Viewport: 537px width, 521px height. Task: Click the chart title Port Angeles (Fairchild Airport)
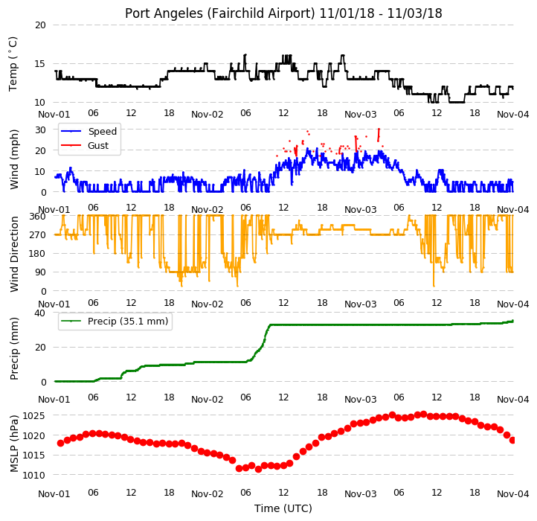(x=219, y=13)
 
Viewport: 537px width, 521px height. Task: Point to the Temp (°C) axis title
(x=13, y=64)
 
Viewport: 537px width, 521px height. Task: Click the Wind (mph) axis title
(x=13, y=159)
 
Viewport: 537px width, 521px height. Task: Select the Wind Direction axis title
(x=13, y=254)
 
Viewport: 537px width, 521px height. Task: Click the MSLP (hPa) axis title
(x=13, y=444)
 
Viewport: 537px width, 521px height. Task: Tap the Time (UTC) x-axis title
(x=283, y=508)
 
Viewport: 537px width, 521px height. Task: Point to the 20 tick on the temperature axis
(x=40, y=25)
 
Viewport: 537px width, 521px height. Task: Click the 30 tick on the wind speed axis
(x=40, y=130)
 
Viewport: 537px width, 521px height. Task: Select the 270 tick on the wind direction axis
(x=38, y=234)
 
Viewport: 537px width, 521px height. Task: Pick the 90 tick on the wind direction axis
(x=40, y=272)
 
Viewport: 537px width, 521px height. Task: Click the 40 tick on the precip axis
(x=39, y=313)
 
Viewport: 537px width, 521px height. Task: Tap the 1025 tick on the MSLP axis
(x=33, y=416)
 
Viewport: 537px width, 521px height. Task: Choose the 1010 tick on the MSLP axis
(x=33, y=475)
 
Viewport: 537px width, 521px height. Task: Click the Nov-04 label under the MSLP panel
(x=512, y=494)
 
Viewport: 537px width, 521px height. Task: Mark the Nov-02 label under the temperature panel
(x=208, y=115)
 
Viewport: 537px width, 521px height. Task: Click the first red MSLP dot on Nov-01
(x=61, y=443)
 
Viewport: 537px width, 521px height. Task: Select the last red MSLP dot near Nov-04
(x=512, y=440)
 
